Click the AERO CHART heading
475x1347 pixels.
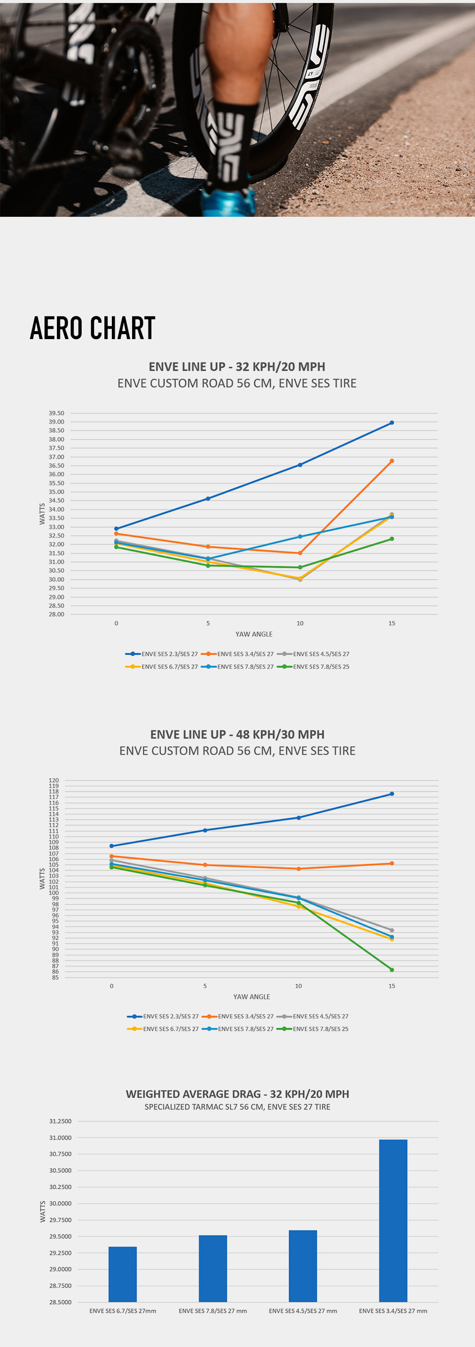click(93, 328)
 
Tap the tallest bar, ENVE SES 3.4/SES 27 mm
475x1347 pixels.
click(393, 1220)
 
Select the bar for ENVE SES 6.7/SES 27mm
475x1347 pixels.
click(122, 1274)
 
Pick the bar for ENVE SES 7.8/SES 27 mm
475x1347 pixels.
click(213, 1269)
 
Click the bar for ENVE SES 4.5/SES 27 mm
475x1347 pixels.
click(302, 1266)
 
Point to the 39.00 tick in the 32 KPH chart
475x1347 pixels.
click(56, 422)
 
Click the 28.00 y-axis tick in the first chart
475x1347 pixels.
click(56, 614)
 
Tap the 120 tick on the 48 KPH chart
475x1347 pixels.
click(54, 780)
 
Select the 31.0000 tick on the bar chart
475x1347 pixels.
click(60, 1137)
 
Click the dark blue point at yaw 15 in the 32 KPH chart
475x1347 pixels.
click(392, 422)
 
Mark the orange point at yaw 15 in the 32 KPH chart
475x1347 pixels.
click(392, 461)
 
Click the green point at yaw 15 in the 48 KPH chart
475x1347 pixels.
click(392, 970)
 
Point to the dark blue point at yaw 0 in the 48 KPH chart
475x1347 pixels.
click(111, 846)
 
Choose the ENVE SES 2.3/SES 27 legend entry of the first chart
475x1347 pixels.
click(161, 653)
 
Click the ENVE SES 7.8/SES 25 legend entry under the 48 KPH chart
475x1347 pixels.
click(313, 1029)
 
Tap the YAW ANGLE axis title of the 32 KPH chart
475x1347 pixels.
click(254, 634)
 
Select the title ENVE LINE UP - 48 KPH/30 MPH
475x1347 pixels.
click(237, 734)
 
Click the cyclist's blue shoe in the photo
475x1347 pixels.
click(229, 202)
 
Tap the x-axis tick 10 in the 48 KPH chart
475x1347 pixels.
click(298, 986)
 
